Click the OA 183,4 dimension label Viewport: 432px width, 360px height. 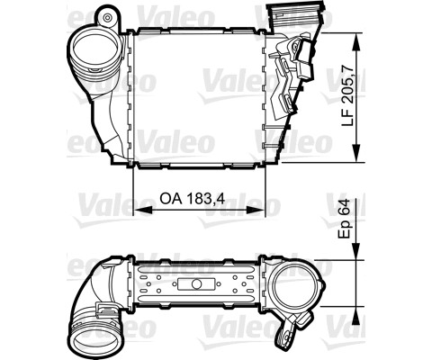click(x=192, y=198)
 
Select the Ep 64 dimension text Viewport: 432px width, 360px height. click(x=345, y=219)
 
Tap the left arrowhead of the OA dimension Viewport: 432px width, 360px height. click(x=142, y=210)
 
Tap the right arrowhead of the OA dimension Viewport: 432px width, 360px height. click(x=256, y=210)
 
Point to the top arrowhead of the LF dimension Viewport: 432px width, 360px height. click(x=356, y=41)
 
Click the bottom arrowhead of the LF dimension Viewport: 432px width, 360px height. click(x=356, y=153)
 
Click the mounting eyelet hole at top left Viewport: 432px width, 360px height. click(x=107, y=18)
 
